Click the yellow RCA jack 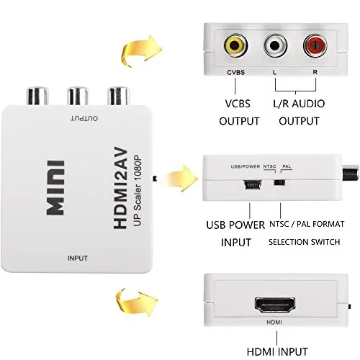click(235, 45)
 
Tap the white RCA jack click(275, 45)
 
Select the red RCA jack click(315, 45)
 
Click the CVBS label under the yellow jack click(235, 72)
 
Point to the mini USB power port click(253, 184)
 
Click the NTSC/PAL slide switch click(279, 182)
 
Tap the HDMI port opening click(275, 305)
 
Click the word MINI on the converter click(55, 188)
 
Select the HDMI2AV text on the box click(120, 188)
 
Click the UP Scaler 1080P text click(137, 191)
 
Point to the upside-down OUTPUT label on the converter click(84, 118)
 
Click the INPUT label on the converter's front click(78, 258)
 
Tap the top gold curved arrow click(140, 51)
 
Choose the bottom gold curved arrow click(136, 302)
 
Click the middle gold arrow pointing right click(181, 179)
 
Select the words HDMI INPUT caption click(277, 352)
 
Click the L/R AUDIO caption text click(299, 104)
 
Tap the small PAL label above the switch click(287, 166)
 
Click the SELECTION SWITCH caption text click(305, 242)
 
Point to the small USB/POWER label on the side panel click(246, 166)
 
